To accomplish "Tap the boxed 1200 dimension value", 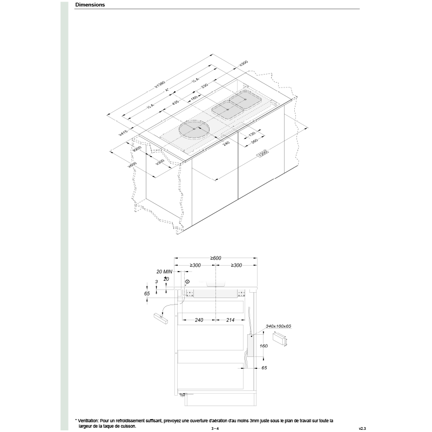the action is [263, 154].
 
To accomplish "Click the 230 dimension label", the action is [205, 86].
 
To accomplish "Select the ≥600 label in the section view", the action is [215, 258].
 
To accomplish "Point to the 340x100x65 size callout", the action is [278, 326].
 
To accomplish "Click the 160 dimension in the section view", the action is [264, 346].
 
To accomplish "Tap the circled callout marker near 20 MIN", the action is [187, 282].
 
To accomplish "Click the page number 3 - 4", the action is [215, 428].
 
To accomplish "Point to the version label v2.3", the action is [362, 428].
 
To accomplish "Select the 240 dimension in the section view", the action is [198, 320].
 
